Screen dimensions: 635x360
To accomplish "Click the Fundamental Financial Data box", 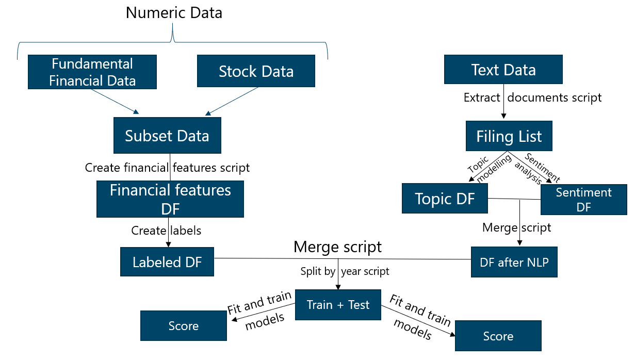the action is pos(92,72).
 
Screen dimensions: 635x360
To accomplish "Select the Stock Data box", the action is pos(256,71).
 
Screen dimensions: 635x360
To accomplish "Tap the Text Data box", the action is pos(503,70).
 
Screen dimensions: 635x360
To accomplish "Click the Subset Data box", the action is pos(167,136).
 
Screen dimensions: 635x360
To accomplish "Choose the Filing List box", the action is pos(509,136).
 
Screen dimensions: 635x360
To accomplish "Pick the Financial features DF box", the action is pos(170,199).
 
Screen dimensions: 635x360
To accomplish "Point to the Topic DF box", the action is pos(445,199).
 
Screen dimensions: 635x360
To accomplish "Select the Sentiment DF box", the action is pos(584,200).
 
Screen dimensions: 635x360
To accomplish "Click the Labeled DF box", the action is pos(167,262).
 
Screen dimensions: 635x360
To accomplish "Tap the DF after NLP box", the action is pos(514,262).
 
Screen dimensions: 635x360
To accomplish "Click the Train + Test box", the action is pos(338,305).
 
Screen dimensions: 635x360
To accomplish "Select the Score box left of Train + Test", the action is pos(184,325).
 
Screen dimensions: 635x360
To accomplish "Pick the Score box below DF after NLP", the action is pos(498,336).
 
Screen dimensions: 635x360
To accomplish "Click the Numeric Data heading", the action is pos(174,13).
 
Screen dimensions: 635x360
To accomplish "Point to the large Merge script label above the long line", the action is pos(338,247).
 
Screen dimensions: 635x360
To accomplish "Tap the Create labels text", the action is pos(166,231).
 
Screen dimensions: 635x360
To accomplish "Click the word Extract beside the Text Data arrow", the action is pos(482,97).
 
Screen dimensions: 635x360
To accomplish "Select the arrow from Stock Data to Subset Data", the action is pos(232,101).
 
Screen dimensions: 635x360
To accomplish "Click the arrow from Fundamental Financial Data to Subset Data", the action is pos(115,102).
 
